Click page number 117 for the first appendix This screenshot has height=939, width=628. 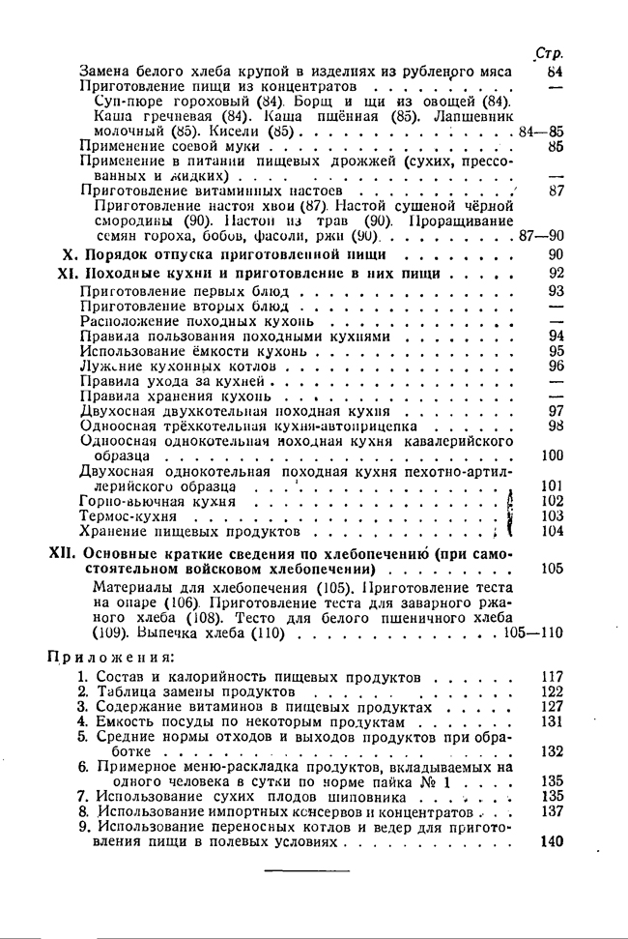click(553, 677)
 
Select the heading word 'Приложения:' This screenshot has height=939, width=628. click(105, 658)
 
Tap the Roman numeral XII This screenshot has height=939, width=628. click(62, 554)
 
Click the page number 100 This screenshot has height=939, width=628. click(553, 455)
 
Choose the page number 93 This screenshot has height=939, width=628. click(556, 290)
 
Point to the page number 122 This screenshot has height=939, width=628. click(553, 691)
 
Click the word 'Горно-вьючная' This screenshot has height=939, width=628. click(131, 501)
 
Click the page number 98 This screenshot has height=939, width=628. click(556, 425)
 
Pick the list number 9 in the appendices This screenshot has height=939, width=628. click(84, 828)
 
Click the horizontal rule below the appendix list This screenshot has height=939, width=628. click(300, 871)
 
